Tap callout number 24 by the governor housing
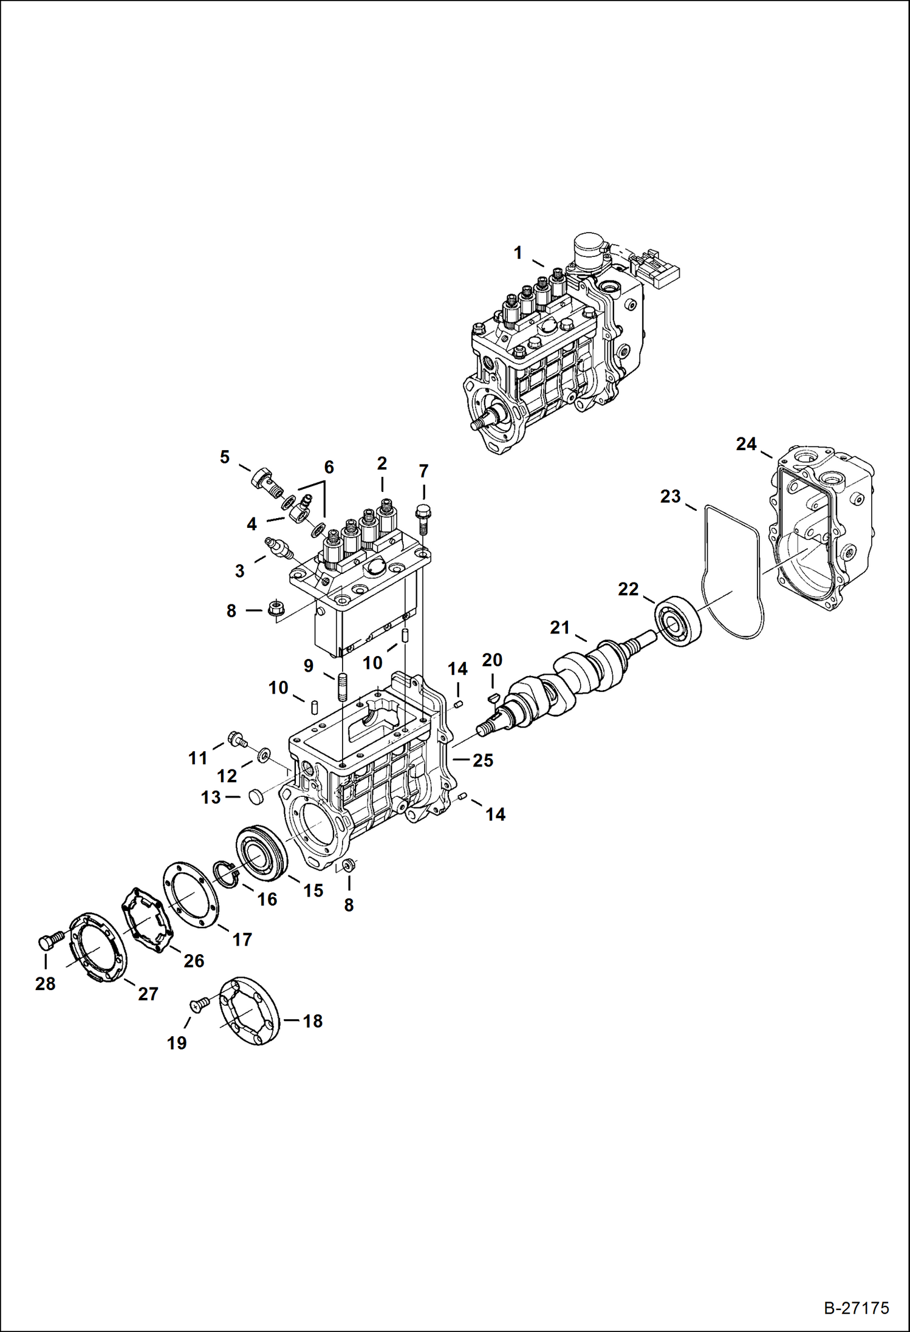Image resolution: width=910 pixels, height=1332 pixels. pos(746,444)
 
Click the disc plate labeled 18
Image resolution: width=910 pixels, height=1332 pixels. pos(248,1011)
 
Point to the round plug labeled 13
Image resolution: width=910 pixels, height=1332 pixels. pos(256,796)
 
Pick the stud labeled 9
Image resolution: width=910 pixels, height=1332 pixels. pos(343,686)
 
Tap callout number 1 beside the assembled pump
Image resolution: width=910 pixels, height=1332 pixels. pos(518,253)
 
